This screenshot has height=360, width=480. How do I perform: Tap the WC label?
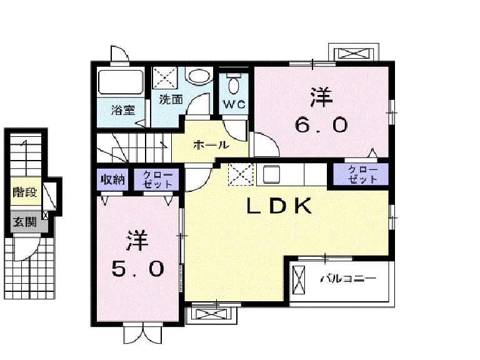pos(234,104)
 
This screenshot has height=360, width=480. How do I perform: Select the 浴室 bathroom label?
pos(123,110)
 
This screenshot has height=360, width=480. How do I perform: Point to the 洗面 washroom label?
pos(171,99)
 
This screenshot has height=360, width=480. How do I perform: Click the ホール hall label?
pos(211,145)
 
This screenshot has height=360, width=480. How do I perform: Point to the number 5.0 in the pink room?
pos(138,269)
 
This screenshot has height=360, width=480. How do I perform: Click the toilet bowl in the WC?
pos(234,85)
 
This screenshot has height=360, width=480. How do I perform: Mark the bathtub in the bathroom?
pos(122,82)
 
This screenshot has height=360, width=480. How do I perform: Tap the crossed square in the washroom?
pos(164,78)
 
